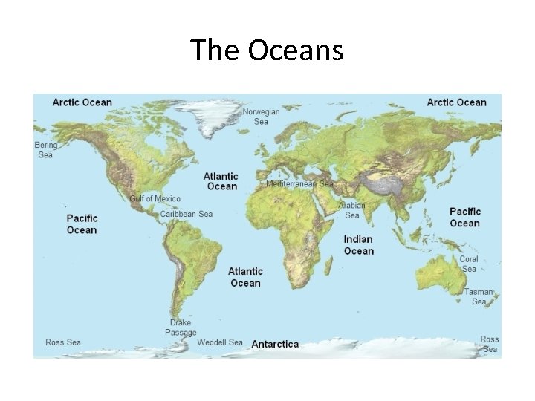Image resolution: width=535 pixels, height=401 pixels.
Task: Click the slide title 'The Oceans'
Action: (x=267, y=50)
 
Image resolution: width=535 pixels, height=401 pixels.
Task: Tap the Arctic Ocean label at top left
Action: (x=82, y=102)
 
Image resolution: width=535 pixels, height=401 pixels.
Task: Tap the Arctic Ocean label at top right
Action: (x=456, y=102)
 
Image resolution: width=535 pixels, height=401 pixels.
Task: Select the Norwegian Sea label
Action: (x=261, y=117)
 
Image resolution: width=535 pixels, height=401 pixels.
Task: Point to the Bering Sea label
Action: (x=45, y=150)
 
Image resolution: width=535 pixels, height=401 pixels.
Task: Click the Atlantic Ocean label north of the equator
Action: (x=221, y=181)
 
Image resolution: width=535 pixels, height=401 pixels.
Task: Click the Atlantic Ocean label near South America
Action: (x=245, y=277)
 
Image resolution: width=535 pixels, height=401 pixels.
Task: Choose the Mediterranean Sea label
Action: (x=299, y=183)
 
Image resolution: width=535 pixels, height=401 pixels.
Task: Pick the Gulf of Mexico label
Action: (x=155, y=199)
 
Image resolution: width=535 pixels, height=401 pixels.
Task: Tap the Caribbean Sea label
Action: (x=187, y=214)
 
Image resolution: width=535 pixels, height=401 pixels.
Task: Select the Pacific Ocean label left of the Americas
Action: (x=82, y=224)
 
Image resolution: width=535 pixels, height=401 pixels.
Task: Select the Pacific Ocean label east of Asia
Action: (x=465, y=218)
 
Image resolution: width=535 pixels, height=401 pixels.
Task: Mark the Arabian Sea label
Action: (x=352, y=210)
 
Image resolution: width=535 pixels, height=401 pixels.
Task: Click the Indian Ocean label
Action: (x=358, y=245)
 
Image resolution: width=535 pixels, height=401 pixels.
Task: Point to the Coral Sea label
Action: (x=469, y=264)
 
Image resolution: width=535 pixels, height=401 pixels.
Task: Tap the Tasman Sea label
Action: (x=479, y=296)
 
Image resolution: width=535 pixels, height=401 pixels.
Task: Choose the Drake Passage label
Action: (x=181, y=327)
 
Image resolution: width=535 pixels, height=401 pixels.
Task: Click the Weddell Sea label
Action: (x=220, y=342)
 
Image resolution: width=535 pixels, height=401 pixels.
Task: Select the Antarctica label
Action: (x=275, y=344)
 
